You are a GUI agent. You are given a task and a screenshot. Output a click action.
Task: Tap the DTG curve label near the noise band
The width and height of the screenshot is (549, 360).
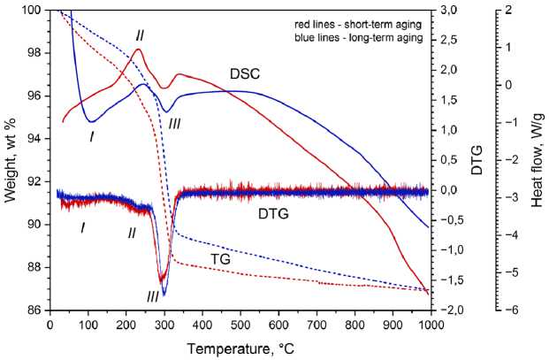275,213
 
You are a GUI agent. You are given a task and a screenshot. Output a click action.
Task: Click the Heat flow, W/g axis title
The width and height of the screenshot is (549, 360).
537,159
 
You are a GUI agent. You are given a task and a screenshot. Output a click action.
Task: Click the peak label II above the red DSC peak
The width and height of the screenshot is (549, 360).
140,34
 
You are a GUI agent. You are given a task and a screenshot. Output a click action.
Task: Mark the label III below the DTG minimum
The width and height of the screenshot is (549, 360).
153,296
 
